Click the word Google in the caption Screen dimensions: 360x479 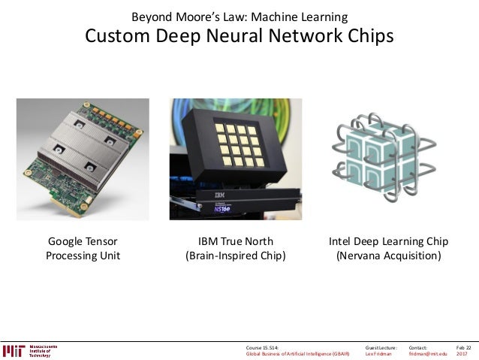tap(66, 242)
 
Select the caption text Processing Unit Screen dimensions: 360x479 tap(83, 256)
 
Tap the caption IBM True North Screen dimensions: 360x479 tap(235, 242)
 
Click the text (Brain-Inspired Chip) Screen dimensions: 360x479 tap(235, 256)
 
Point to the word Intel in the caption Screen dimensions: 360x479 tap(342, 242)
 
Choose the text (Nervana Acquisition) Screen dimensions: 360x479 tap(388, 256)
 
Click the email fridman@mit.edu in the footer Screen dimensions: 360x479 tap(427, 354)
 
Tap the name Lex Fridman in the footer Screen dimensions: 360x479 tap(378, 354)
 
